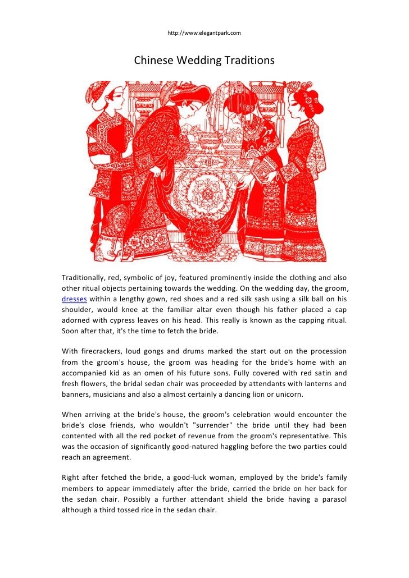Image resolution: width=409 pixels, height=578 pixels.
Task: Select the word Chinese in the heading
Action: (154, 59)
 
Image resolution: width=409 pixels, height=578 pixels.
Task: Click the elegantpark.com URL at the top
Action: (204, 33)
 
